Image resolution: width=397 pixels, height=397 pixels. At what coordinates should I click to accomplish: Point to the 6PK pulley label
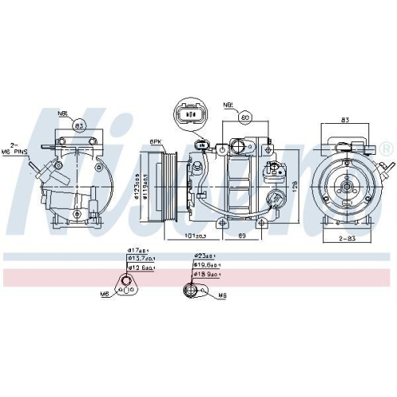click(x=156, y=142)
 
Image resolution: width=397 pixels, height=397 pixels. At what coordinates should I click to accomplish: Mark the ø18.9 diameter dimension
click(x=208, y=275)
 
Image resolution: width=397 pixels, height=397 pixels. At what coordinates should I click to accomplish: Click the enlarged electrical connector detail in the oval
click(x=191, y=113)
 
